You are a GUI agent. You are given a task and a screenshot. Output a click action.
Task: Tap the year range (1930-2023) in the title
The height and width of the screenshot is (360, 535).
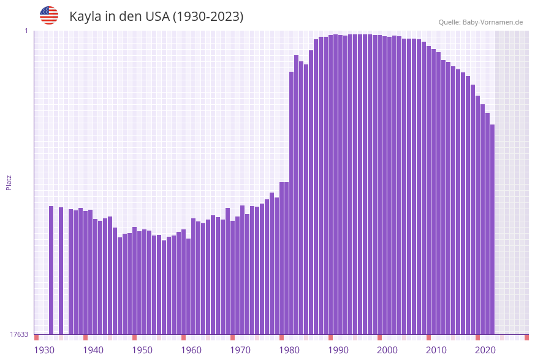point(208,17)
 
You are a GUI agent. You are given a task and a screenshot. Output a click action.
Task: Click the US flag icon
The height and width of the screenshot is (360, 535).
point(49,15)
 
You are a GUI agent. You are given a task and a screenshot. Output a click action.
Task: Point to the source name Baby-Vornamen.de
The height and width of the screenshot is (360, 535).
point(492,22)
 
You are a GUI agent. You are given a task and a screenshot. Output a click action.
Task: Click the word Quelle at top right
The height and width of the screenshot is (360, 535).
point(449,22)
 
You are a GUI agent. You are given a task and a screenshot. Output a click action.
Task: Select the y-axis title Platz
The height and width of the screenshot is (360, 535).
point(9,182)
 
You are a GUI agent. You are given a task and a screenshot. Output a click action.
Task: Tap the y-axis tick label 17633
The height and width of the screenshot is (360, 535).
point(19,334)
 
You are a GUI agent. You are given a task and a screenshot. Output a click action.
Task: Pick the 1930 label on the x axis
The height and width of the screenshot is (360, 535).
point(44,350)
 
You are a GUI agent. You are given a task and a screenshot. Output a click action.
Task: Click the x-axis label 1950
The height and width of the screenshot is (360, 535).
point(142,350)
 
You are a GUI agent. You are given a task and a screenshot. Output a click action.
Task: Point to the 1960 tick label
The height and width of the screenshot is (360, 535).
point(191,350)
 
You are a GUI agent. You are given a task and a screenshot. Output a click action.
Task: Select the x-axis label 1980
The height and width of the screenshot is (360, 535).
point(289,350)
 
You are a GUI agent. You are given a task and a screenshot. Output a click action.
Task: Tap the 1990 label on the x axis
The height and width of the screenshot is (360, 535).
point(338,350)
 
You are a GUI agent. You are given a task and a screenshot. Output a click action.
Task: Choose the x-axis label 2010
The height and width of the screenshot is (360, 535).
point(436,350)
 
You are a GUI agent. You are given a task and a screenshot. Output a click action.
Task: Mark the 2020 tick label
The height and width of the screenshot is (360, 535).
point(485,350)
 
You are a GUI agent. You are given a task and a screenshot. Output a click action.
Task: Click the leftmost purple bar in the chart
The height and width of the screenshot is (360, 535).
point(51,270)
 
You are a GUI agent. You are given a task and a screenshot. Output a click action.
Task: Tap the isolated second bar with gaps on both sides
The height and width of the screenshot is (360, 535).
point(61,270)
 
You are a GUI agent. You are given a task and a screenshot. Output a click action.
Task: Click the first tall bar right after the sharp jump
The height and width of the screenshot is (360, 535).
point(292,202)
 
